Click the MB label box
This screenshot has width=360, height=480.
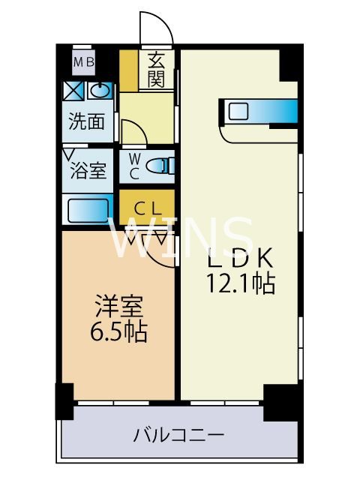coord(84,62)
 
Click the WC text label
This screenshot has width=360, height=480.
coord(133,166)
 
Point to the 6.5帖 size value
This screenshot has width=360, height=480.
coord(116,330)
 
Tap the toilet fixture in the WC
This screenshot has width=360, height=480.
coord(159,166)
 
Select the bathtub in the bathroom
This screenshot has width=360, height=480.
coord(88,208)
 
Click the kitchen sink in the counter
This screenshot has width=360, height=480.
coord(238,112)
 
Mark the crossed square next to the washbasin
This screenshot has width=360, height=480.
coord(73,91)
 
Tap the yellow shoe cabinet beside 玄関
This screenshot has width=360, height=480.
coord(129,70)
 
